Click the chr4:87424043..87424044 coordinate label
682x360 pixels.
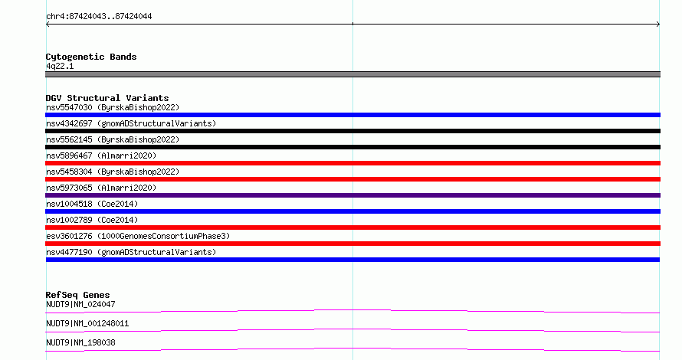point(99,17)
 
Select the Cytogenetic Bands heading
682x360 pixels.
point(91,57)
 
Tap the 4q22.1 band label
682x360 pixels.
point(60,66)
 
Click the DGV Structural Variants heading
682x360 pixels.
point(107,98)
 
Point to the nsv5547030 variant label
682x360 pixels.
point(113,107)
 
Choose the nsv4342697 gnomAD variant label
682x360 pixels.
point(131,123)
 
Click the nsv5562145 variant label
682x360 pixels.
point(113,139)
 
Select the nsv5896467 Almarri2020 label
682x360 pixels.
point(101,155)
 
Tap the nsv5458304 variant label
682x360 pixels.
point(113,172)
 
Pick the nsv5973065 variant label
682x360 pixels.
point(101,188)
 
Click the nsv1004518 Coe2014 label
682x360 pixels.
point(92,204)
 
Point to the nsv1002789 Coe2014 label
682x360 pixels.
point(92,220)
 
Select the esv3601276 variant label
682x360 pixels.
point(138,236)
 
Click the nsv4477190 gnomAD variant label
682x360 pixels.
point(131,252)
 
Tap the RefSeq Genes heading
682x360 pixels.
point(77,295)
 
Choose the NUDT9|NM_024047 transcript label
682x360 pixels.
point(80,304)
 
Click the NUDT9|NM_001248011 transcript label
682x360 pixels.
point(87,323)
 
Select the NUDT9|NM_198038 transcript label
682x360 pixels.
point(80,342)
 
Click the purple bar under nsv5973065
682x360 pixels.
point(352,195)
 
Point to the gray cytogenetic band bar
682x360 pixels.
point(352,74)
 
